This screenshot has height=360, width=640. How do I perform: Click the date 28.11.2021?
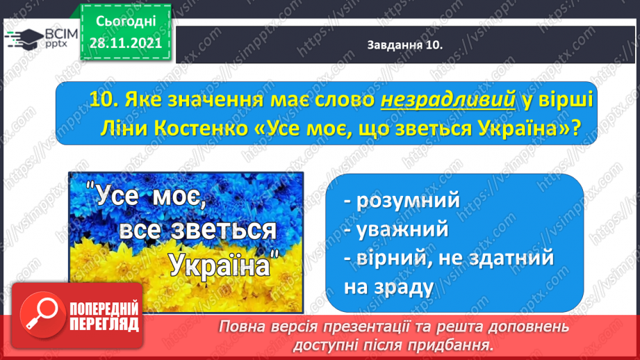[x=126, y=43]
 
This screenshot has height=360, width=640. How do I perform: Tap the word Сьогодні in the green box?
[x=126, y=22]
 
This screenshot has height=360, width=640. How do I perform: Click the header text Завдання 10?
[x=405, y=45]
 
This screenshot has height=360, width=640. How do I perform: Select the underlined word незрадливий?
[x=448, y=99]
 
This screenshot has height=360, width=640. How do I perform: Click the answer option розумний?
[x=408, y=200]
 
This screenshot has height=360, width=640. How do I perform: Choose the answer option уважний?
[x=402, y=229]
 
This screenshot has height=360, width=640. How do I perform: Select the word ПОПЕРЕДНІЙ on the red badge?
[x=104, y=309]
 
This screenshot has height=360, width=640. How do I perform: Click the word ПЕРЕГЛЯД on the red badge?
[x=104, y=324]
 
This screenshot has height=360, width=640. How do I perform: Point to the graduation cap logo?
[x=24, y=39]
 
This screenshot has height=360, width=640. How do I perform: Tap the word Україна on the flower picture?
[x=220, y=265]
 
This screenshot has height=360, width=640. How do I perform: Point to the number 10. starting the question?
[x=104, y=99]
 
